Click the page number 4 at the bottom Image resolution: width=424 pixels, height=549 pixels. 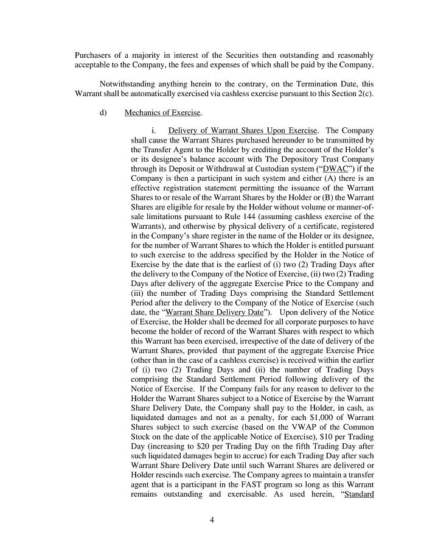coord(212,520)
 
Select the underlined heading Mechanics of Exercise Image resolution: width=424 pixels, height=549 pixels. coord(162,113)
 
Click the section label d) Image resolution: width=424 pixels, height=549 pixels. coord(103,113)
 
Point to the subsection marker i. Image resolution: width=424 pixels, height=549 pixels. coord(155,130)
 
